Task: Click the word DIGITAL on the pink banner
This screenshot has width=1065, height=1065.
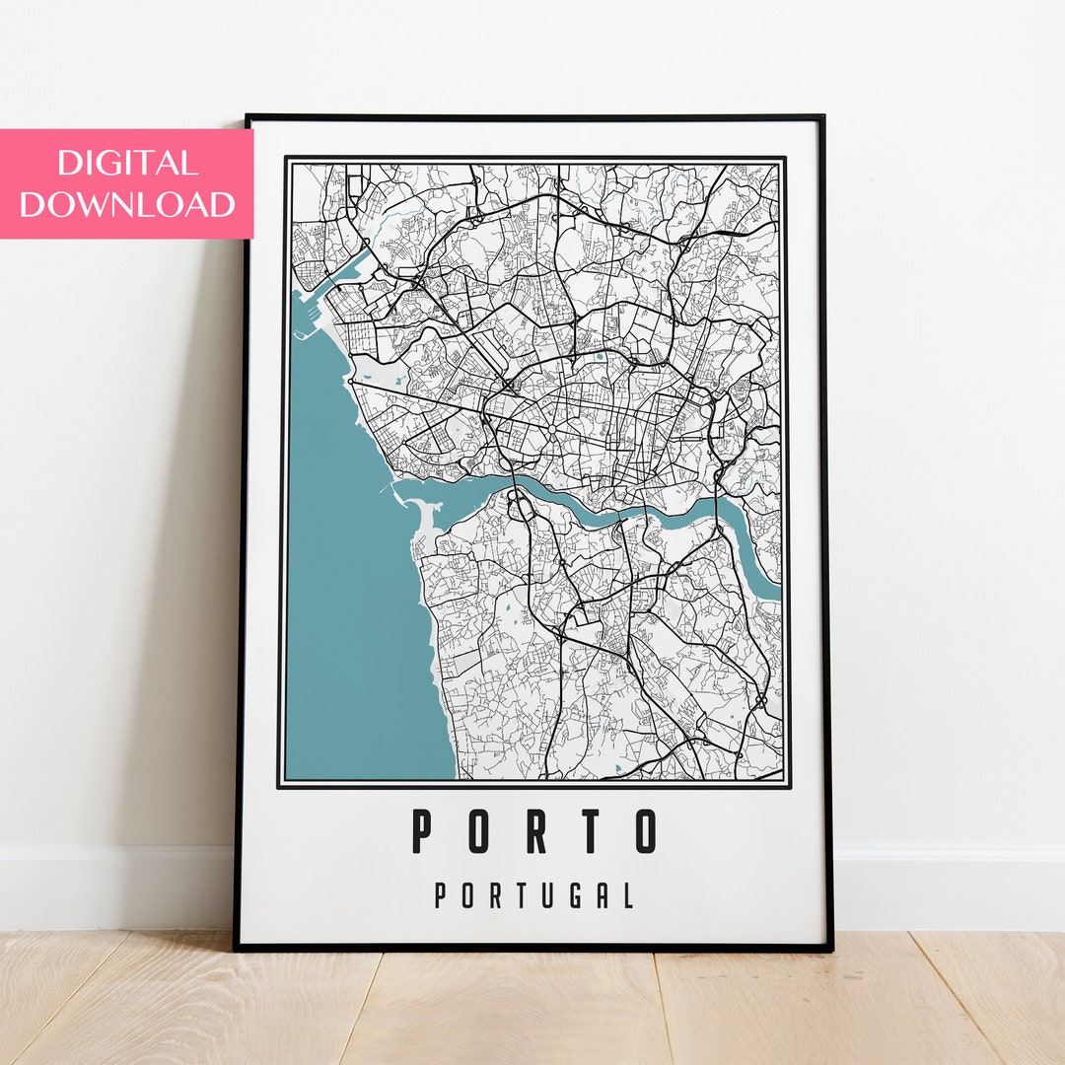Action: [127, 163]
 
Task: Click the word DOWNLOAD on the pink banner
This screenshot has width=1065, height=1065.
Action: [127, 204]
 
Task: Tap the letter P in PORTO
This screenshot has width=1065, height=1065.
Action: [422, 830]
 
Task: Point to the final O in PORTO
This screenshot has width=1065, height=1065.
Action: [645, 830]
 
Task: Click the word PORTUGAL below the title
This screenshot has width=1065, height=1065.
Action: [533, 895]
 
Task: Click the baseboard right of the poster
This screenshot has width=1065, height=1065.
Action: [947, 887]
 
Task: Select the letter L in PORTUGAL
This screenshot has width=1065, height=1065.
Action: [627, 895]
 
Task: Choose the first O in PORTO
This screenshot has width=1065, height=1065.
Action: [478, 830]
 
